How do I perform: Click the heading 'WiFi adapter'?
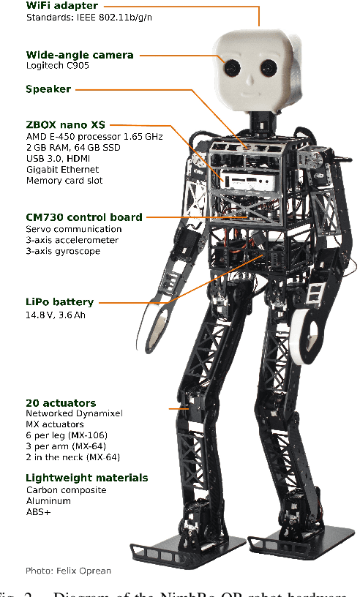[x=62, y=6]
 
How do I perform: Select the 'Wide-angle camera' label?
[x=79, y=55]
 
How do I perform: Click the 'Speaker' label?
[x=48, y=89]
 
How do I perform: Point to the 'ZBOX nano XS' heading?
[x=65, y=125]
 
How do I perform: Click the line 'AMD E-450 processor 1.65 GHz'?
[x=94, y=137]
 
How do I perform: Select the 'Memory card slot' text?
[x=64, y=181]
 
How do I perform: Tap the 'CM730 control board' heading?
[x=83, y=217]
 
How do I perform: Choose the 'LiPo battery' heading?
[x=59, y=302]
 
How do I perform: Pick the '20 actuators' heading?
[x=61, y=402]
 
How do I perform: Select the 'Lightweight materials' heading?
[x=86, y=478]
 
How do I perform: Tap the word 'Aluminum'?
[x=48, y=501]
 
